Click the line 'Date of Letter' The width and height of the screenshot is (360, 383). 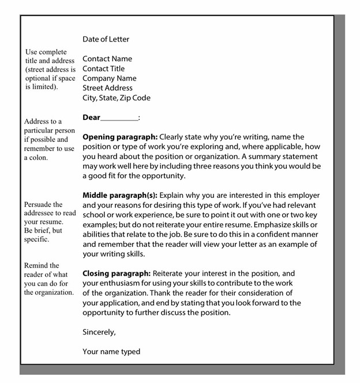coord(106,39)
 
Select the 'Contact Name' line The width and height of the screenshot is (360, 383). coord(107,59)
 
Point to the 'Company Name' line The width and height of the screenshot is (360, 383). coord(109,78)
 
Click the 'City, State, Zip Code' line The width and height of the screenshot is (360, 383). coord(116,98)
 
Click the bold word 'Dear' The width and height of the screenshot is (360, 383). coord(91,118)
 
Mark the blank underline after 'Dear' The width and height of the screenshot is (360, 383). coord(119,119)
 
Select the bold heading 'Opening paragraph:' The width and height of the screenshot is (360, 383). coord(119,137)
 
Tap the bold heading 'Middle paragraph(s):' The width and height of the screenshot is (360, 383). coord(123,196)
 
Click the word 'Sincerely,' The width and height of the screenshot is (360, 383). coord(99,332)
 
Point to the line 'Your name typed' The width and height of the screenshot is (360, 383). coord(111,352)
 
